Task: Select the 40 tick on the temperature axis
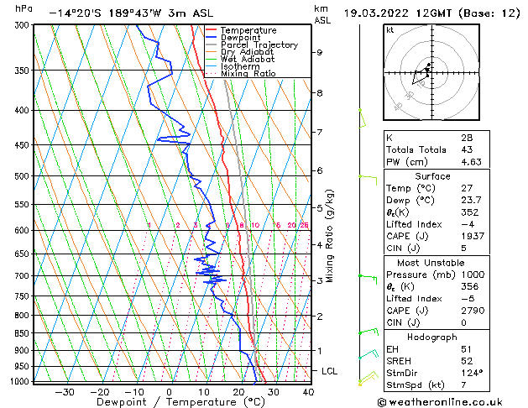(308, 391)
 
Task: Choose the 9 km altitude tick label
(320, 52)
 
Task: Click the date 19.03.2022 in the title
(376, 13)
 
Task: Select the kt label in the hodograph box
(390, 30)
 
